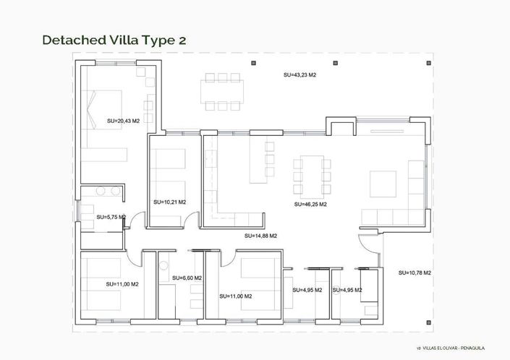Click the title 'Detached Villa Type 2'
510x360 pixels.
[114, 40]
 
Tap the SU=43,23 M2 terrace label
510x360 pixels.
[299, 74]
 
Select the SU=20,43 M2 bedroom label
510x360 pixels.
[122, 121]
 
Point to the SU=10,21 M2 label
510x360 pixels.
[170, 202]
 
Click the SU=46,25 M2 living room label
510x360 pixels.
[310, 205]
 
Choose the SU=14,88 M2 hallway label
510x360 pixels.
[261, 236]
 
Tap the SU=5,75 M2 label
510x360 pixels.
[111, 217]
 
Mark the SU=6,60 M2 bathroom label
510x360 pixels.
[187, 278]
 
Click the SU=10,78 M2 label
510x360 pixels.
[415, 273]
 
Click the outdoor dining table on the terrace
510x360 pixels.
[223, 91]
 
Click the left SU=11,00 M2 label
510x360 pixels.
[122, 285]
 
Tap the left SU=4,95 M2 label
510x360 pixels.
[307, 290]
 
